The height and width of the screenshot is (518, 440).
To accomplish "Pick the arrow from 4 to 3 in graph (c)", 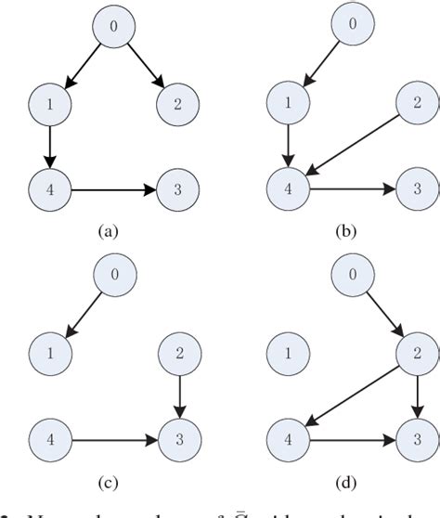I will tap(111, 434).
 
